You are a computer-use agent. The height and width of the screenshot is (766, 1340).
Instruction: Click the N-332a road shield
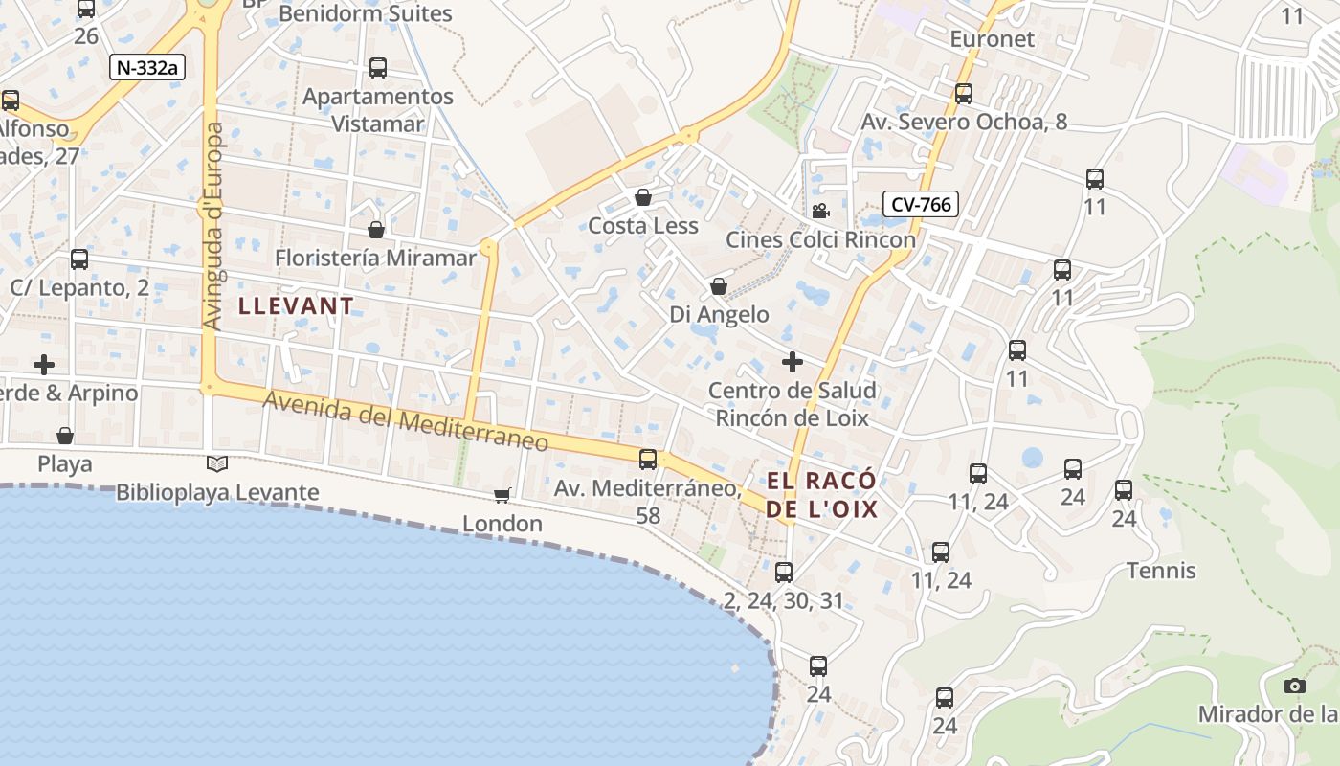coord(147,67)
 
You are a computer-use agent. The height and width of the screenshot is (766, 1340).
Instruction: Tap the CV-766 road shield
coord(921,204)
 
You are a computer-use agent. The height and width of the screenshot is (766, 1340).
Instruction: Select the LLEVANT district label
coord(296,306)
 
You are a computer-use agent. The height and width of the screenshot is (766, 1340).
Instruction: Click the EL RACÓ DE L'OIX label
coord(821,495)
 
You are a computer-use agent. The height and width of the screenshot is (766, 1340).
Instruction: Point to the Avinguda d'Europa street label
coord(212,226)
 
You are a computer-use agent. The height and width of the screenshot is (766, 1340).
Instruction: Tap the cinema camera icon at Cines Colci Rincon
coord(820,211)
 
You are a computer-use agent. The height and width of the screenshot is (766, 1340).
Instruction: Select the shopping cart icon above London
coord(502,495)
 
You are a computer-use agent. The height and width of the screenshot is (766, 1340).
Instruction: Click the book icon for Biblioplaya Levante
coord(217,464)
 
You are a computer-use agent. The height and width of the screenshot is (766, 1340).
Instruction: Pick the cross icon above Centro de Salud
coord(793,362)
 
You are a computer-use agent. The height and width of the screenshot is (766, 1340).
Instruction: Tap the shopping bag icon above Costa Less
coord(643,197)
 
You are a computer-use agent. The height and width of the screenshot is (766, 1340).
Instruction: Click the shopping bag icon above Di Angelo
coord(719,286)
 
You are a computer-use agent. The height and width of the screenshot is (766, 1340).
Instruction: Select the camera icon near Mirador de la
coord(1294,686)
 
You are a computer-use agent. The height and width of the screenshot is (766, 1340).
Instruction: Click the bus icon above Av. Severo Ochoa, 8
coord(964,94)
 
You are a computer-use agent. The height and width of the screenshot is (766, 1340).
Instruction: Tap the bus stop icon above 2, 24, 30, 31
coord(784,573)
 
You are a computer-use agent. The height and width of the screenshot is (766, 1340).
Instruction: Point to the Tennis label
coord(1161,571)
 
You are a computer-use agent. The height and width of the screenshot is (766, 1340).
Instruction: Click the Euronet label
coord(993,39)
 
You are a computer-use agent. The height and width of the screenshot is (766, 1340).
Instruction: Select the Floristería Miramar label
coord(375,258)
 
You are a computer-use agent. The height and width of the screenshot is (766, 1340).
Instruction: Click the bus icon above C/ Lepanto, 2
coord(79,259)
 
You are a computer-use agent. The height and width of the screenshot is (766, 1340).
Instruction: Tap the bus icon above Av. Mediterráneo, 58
coord(648,460)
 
